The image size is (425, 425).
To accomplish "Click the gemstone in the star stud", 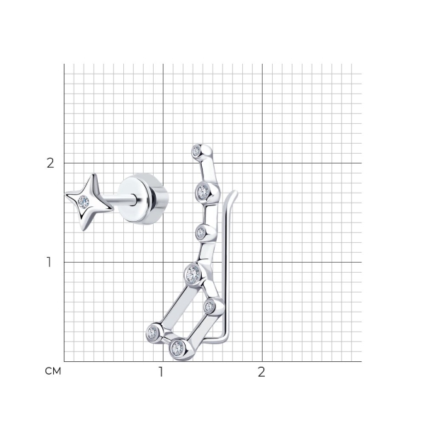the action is [x=83, y=202].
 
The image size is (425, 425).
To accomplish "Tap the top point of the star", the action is [x=93, y=174].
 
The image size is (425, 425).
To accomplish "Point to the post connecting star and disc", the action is [x=118, y=200].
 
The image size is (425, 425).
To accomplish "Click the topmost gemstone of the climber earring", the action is [x=196, y=150].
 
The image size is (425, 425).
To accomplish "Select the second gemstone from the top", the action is [x=203, y=192].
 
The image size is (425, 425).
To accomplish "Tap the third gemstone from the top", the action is [x=201, y=232].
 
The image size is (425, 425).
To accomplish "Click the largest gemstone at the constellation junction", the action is [x=192, y=274].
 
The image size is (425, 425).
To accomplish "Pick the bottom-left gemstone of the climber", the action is [x=152, y=331].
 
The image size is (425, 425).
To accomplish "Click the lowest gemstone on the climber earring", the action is [x=178, y=348].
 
